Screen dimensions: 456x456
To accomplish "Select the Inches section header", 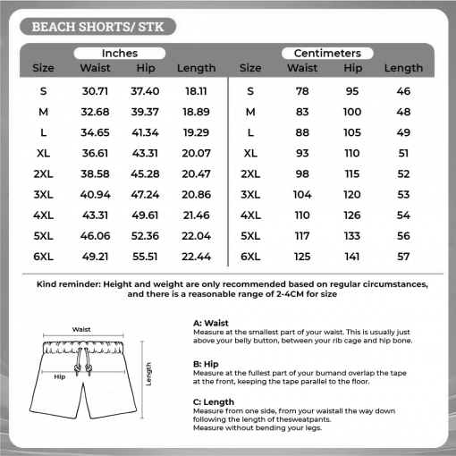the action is coord(119,53).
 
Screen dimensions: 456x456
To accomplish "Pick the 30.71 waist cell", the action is coord(95,91).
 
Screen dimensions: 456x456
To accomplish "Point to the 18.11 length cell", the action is coord(196,91).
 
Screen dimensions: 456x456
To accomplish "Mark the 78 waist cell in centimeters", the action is coord(302,91).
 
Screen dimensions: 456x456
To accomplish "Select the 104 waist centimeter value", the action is coord(302,194).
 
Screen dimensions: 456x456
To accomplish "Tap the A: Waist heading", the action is coord(211,324).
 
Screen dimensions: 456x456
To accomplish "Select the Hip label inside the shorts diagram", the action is coord(60,376).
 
